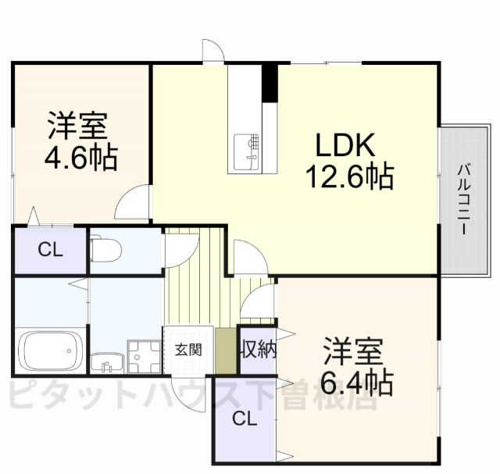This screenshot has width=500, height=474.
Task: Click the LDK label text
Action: (x=346, y=144)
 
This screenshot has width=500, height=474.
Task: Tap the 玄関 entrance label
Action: (x=188, y=349)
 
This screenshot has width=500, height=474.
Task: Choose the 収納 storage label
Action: (x=258, y=348)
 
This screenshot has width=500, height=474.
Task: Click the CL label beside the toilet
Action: (x=50, y=250)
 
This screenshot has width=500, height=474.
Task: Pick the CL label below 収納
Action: (x=245, y=419)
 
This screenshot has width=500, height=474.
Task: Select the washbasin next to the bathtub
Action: (x=105, y=364)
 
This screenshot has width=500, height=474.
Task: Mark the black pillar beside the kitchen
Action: (x=270, y=82)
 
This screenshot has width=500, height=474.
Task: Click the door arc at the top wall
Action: (x=212, y=49)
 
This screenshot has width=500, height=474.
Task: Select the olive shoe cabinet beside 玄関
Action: (x=225, y=351)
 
